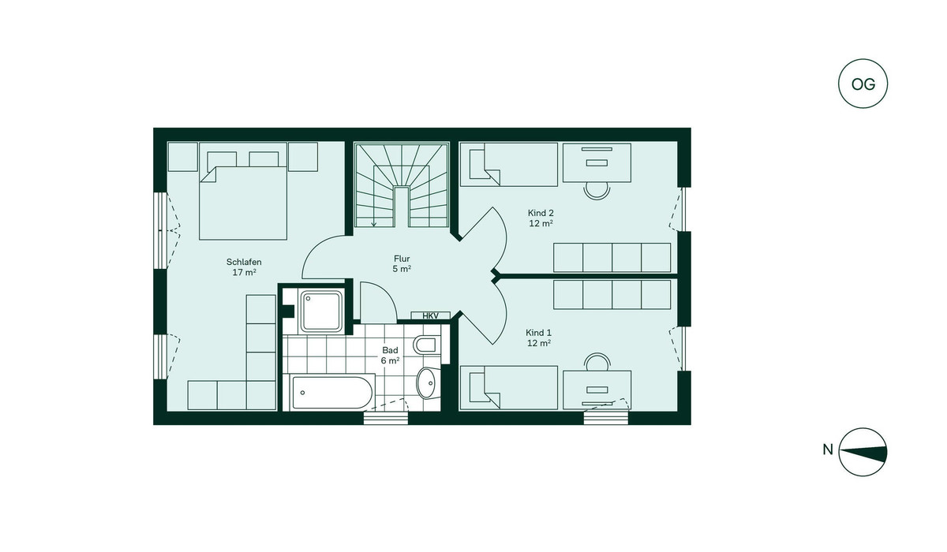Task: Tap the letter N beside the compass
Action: coord(827,449)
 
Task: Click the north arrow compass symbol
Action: coord(863,452)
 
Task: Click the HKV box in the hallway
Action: coord(430,315)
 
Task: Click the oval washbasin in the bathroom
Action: coord(428,382)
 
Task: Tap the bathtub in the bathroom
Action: coord(328,393)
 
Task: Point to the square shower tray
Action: coord(321,311)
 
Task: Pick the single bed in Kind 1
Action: coord(508,388)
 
